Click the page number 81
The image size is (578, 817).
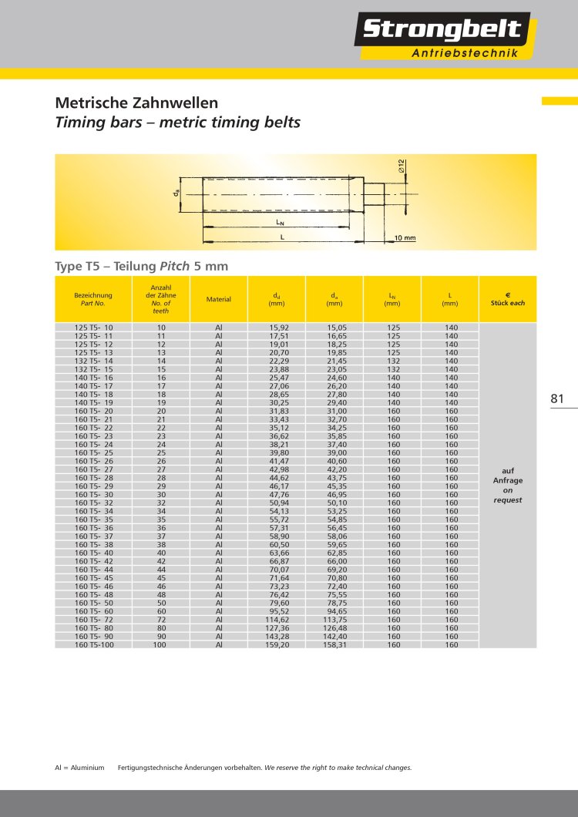coord(558,398)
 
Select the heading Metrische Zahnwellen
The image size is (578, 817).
coord(136,103)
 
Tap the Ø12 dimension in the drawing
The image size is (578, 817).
coord(402,166)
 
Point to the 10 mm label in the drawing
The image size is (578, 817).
coord(405,238)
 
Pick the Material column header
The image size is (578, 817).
coord(219,299)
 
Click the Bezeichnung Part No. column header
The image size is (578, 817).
coord(93,299)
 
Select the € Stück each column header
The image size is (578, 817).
coord(508,299)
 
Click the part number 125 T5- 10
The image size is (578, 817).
coord(93,328)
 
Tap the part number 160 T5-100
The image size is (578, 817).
coord(93,644)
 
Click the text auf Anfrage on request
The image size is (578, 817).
coord(508,485)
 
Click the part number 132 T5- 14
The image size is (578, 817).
coord(93,361)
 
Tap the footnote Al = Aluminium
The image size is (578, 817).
coord(79,768)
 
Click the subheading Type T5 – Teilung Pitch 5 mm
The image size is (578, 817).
coord(141,266)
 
